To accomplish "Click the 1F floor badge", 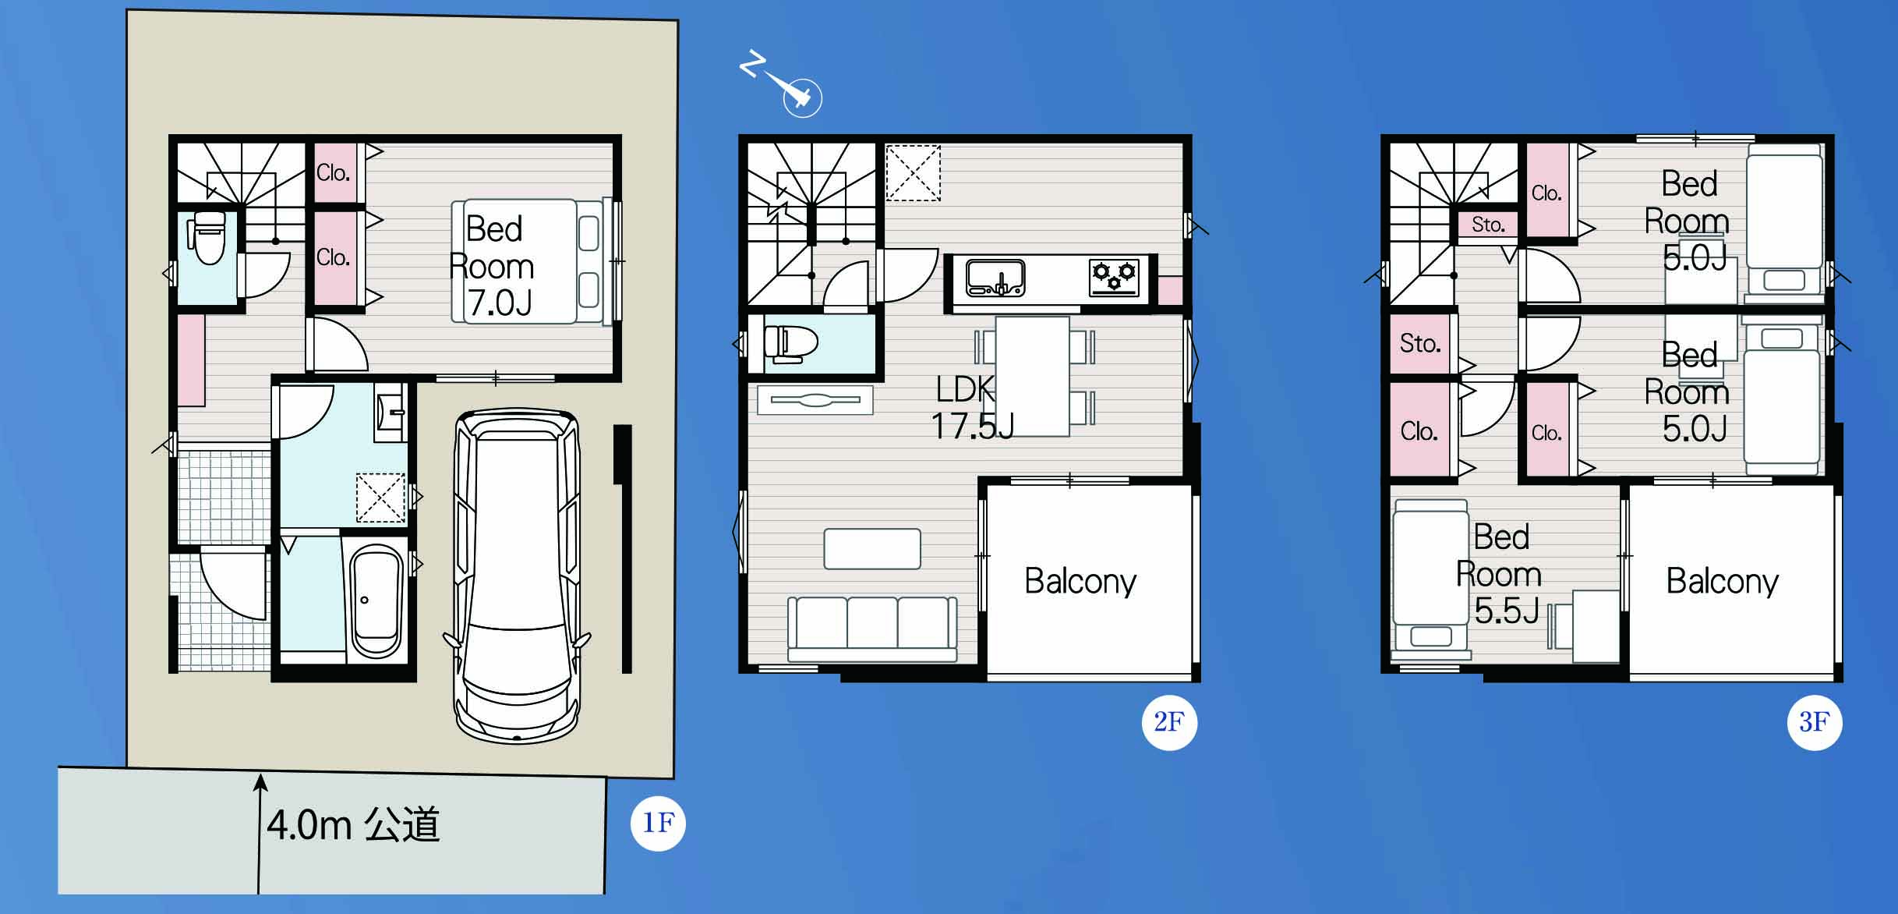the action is pos(658,823).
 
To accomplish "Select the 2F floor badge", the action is pos(1169,722).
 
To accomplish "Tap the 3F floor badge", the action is pos(1815,722).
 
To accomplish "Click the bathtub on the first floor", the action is pos(376,600).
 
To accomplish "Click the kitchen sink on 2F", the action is pos(995,278).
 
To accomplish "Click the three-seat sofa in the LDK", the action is pos(872,629).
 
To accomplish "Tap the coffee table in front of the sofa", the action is pos(872,549).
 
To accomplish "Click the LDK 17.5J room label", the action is pos(972,407).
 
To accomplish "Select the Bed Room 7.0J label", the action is pos(493,267).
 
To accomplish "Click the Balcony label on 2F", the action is pos(1080,581).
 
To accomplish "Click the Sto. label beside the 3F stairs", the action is pos(1488,225).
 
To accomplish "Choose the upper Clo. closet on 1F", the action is pos(333,173).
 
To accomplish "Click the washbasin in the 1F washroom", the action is pos(391,411).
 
